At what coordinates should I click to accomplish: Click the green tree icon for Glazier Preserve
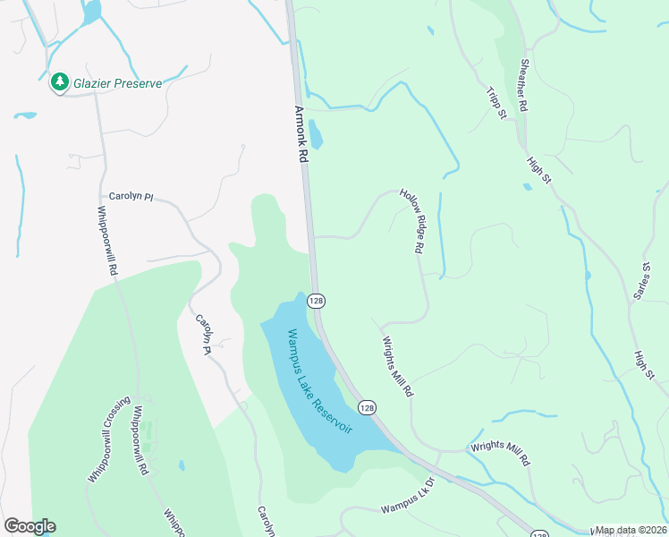(60, 82)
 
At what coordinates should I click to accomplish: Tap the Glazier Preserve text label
(117, 83)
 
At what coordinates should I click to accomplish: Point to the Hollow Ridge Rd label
(411, 221)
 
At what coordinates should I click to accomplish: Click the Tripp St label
(497, 103)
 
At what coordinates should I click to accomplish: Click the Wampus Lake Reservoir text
(319, 382)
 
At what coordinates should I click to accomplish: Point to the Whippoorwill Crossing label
(110, 439)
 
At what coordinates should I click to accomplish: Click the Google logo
(30, 526)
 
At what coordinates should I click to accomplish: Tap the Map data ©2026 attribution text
(631, 531)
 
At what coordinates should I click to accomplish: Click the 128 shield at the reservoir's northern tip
(316, 301)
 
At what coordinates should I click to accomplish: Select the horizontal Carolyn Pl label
(131, 196)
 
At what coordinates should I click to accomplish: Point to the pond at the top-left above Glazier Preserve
(90, 11)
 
